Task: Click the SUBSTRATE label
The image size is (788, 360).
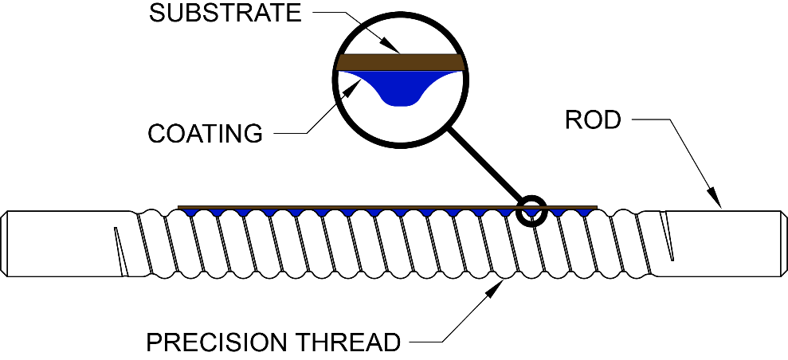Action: pyautogui.click(x=225, y=14)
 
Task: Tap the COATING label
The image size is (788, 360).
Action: pyautogui.click(x=205, y=133)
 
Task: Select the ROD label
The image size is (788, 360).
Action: pyautogui.click(x=593, y=119)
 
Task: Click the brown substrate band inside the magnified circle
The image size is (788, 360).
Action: pyautogui.click(x=400, y=62)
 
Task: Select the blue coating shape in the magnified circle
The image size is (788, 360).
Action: pyautogui.click(x=400, y=88)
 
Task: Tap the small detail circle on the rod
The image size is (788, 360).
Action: pyautogui.click(x=532, y=210)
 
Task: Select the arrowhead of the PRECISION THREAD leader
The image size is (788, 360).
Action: pyautogui.click(x=496, y=288)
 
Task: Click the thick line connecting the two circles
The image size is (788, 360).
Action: pyautogui.click(x=484, y=164)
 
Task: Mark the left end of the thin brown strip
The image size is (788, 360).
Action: pyautogui.click(x=179, y=207)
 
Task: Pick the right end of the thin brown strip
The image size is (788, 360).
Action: pyautogui.click(x=596, y=207)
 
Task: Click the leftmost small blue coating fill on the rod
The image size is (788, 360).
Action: pyautogui.click(x=190, y=212)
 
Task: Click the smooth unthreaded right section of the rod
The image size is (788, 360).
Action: pyautogui.click(x=719, y=244)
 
